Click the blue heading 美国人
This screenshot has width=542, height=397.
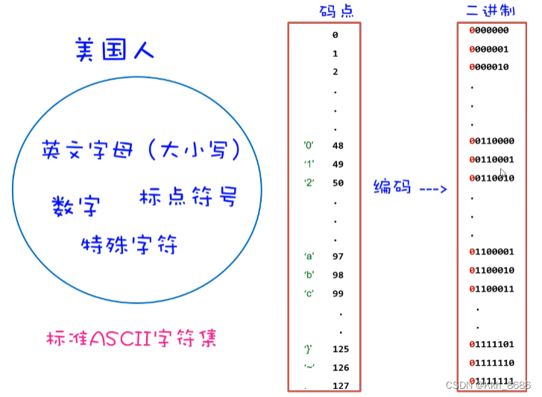coord(115,51)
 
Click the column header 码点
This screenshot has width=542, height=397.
coord(326,10)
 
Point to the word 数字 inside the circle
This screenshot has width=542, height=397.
coord(75,204)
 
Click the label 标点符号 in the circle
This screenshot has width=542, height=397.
coord(188,198)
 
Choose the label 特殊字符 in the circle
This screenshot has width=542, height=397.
coord(130,243)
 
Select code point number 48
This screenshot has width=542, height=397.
coord(338,146)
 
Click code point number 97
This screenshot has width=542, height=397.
coord(338,256)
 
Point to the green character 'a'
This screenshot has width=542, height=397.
coord(309,256)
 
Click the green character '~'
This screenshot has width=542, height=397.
coord(309,366)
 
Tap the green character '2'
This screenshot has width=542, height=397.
coord(309,182)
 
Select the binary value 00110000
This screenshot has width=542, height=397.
coord(492,141)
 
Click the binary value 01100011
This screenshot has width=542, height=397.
coord(492,288)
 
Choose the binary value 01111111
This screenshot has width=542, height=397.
coord(492,381)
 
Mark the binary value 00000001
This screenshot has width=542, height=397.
coord(488,49)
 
